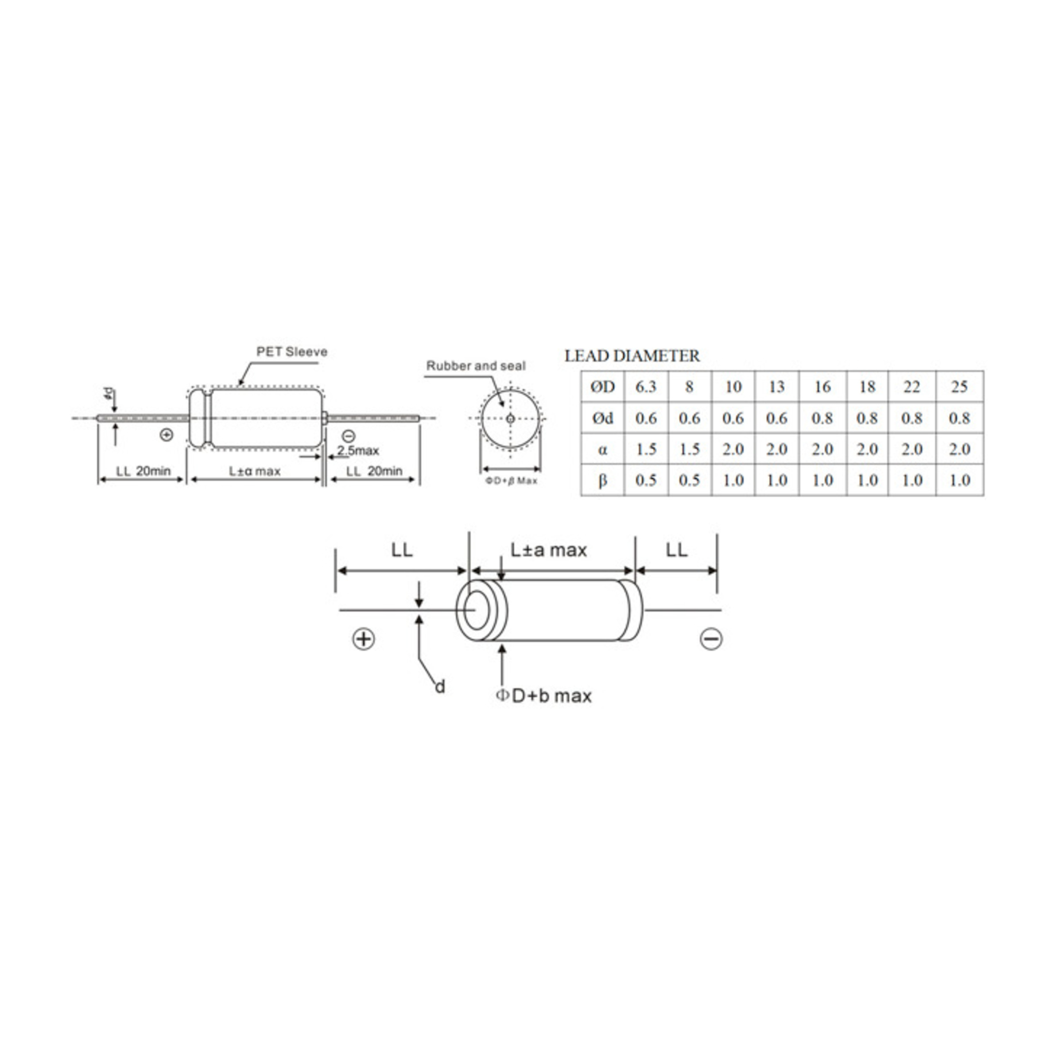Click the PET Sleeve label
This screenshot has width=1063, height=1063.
pyautogui.click(x=291, y=352)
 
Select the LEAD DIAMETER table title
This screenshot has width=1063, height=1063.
pyautogui.click(x=632, y=356)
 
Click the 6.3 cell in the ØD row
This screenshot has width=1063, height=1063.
pyautogui.click(x=646, y=387)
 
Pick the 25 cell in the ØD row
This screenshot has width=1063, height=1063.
pyautogui.click(x=959, y=387)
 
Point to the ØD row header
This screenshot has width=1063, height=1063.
pyautogui.click(x=602, y=387)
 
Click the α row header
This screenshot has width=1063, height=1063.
pyautogui.click(x=602, y=450)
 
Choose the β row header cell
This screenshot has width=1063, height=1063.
pyautogui.click(x=602, y=480)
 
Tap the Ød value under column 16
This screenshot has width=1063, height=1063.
pyautogui.click(x=822, y=418)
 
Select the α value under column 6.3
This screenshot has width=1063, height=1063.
pyautogui.click(x=646, y=450)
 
